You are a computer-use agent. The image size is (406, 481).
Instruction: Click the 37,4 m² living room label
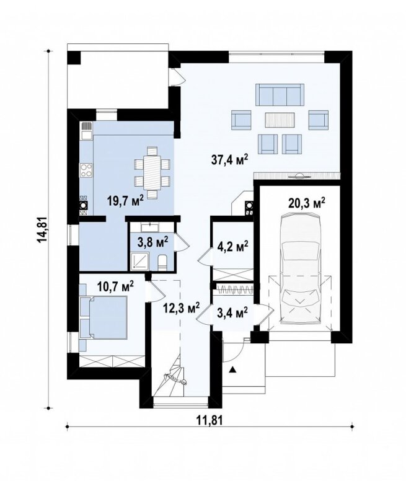pos(229,160)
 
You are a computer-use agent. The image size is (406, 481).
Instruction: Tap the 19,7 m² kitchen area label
pos(125,201)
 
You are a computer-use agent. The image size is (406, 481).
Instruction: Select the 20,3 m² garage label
pos(307,203)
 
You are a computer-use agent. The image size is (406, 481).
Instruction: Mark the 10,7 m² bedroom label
pos(115,287)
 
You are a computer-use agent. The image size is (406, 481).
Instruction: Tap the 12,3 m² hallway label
pos(182,307)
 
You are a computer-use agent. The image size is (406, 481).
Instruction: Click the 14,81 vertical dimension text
pos(42,230)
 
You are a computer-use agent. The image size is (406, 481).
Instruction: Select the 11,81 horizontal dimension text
pos(208,420)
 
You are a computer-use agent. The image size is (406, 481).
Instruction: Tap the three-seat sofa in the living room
pos(280,95)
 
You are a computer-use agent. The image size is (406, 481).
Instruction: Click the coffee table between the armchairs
pos(280,120)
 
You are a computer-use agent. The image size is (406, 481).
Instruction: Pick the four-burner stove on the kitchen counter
pos(86,170)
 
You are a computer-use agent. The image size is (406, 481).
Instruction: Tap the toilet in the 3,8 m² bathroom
pos(162,263)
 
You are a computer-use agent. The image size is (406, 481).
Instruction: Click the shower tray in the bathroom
pos(140,262)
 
